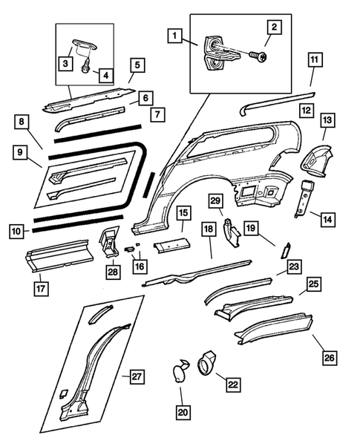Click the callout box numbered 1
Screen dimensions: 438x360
(174, 35)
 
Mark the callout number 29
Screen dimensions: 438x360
(215, 201)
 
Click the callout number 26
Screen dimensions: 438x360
(329, 357)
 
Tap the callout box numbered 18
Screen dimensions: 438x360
(209, 229)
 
